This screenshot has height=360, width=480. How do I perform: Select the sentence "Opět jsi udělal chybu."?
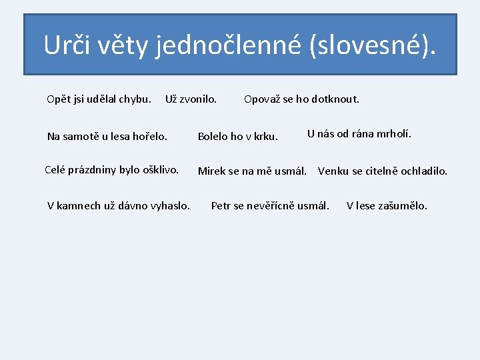tap(99, 99)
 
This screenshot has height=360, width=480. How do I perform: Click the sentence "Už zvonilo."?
tap(191, 99)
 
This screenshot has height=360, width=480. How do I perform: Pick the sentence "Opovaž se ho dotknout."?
tap(301, 99)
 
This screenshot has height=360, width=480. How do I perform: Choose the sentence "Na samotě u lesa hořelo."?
tap(107, 137)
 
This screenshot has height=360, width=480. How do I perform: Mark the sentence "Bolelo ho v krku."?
tap(237, 137)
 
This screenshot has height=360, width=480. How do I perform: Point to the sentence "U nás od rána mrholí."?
tap(359, 133)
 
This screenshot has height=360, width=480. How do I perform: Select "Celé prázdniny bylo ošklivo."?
tap(111, 169)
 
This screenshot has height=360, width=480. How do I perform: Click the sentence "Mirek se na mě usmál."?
tap(252, 171)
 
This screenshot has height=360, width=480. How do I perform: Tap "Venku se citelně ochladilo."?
tap(383, 171)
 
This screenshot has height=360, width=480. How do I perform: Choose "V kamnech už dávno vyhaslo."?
tap(119, 205)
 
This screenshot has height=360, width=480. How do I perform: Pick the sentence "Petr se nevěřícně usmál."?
tap(270, 205)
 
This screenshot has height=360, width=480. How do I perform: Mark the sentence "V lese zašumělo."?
tap(387, 205)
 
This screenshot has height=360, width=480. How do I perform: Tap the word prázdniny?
tap(93, 169)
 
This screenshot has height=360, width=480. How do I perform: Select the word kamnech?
tap(83, 205)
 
